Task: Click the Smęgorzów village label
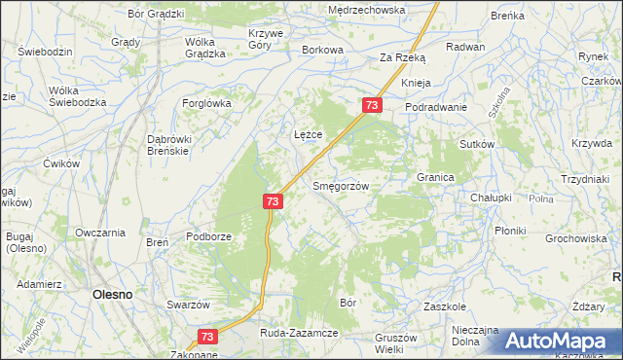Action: point(338,185)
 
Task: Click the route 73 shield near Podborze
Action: point(273,201)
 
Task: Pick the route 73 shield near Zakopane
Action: point(206,336)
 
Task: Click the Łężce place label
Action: point(308,134)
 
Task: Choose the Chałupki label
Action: point(491,198)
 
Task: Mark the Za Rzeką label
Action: point(402,58)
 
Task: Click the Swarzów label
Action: point(189,305)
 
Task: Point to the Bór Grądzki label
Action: point(156,14)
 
